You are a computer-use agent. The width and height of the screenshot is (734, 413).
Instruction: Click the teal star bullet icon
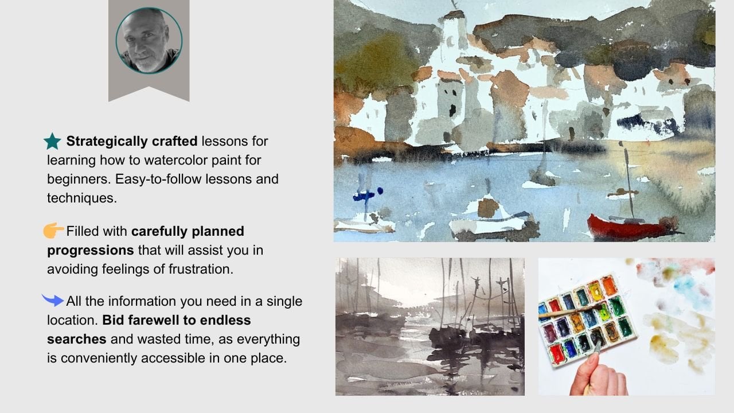click(x=52, y=141)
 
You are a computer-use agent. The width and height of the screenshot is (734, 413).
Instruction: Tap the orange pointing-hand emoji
click(x=53, y=230)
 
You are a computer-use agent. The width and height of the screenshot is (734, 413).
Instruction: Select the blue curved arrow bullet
click(x=53, y=300)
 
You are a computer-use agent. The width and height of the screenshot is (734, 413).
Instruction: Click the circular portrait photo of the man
click(x=149, y=40)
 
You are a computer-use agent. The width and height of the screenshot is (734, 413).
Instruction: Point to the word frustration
click(x=201, y=269)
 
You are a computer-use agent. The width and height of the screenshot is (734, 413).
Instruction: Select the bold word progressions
click(x=91, y=251)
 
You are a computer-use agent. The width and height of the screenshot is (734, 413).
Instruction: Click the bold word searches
click(x=77, y=339)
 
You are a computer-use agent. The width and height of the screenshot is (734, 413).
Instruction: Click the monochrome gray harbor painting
click(x=430, y=326)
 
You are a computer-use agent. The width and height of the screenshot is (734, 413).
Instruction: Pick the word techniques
click(x=82, y=198)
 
